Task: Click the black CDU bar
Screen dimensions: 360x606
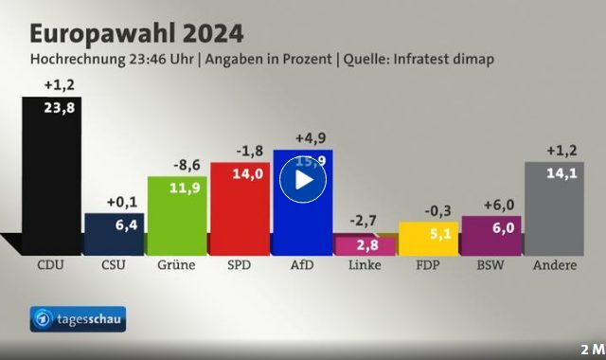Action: point(51,180)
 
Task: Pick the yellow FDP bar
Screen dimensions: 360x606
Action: point(429,239)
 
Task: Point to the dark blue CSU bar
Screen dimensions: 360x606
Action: point(114,235)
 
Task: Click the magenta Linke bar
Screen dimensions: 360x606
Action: point(365,245)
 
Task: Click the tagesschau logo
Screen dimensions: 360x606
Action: point(78,319)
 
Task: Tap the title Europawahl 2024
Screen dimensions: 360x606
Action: point(136,32)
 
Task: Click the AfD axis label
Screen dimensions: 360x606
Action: point(302,265)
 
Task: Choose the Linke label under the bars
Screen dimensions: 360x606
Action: point(365,265)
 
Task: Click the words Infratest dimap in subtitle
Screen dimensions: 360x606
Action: point(451,60)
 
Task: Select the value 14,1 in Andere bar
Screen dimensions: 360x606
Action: point(561,172)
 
